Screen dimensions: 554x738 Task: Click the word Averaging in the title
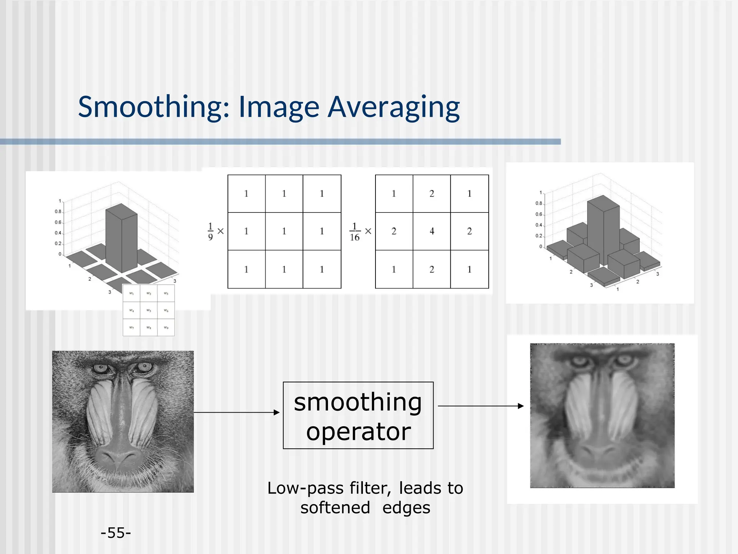pos(394,107)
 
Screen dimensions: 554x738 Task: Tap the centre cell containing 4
pos(432,231)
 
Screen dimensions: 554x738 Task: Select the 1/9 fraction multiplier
pos(210,231)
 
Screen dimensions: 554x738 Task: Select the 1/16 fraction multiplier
pos(355,232)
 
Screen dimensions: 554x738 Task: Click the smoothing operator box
pos(358,415)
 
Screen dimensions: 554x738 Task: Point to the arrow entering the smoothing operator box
pos(236,412)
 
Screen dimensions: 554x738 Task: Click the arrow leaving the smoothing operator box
pos(481,406)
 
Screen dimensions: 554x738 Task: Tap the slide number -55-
pos(116,533)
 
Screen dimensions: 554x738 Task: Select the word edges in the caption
pos(406,508)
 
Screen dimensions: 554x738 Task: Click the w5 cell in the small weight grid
pos(149,310)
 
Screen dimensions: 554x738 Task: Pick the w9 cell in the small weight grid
pos(166,327)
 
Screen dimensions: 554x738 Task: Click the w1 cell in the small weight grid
pos(132,293)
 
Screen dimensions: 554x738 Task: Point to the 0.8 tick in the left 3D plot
pos(58,212)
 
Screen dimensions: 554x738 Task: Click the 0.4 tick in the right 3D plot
pos(538,225)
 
